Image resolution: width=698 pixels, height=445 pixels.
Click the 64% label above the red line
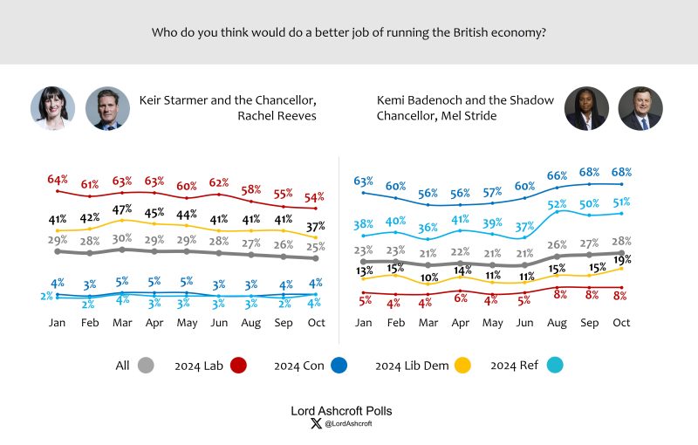[58, 180]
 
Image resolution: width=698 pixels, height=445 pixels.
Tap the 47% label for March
[122, 209]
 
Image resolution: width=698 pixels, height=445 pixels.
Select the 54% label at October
[315, 198]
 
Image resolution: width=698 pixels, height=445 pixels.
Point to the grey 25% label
[315, 247]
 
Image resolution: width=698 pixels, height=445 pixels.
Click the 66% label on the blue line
[557, 175]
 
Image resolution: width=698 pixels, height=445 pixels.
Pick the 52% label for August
[557, 205]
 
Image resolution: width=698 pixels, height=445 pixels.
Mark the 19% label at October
[621, 259]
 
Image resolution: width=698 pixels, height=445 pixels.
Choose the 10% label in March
[428, 278]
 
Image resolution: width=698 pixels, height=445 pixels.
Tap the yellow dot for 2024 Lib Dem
[469, 366]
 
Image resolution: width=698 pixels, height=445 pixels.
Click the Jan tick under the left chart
[58, 322]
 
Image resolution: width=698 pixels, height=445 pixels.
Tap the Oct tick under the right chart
[621, 322]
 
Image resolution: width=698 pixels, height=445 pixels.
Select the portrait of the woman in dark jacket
[585, 109]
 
